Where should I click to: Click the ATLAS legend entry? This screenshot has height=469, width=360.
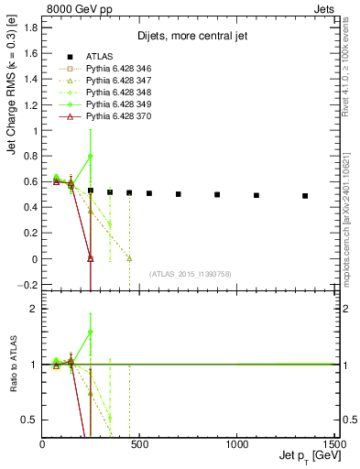pyautogui.click(x=100, y=56)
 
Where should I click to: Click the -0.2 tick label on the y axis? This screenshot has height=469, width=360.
pyautogui.click(x=31, y=285)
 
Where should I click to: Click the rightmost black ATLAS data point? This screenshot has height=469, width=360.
pyautogui.click(x=305, y=196)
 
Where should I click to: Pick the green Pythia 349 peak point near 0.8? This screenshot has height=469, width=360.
pyautogui.click(x=91, y=156)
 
